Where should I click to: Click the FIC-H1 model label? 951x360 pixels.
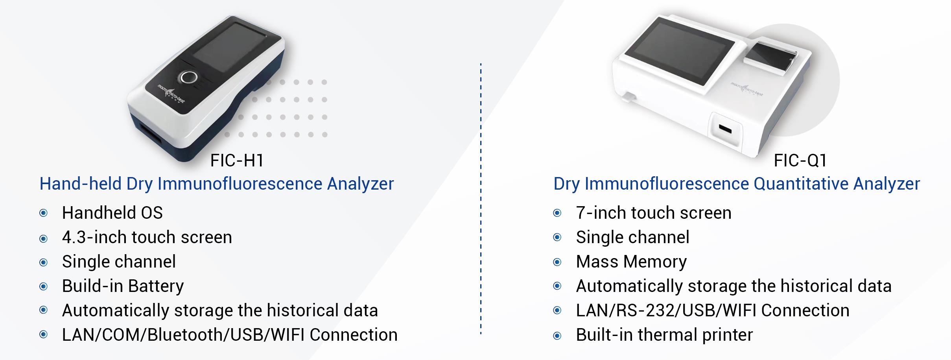[237, 161]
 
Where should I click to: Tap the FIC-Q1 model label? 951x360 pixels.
[800, 161]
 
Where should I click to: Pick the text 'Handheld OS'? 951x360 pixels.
[112, 213]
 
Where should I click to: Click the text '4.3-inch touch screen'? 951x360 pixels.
[147, 237]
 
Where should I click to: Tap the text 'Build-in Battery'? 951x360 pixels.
[123, 286]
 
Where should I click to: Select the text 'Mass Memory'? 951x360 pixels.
[631, 262]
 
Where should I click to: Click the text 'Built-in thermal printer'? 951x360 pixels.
[665, 335]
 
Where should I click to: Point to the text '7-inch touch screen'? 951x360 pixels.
[654, 213]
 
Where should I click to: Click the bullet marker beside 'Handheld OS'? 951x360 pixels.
[44, 213]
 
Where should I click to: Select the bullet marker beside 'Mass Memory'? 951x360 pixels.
[557, 262]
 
